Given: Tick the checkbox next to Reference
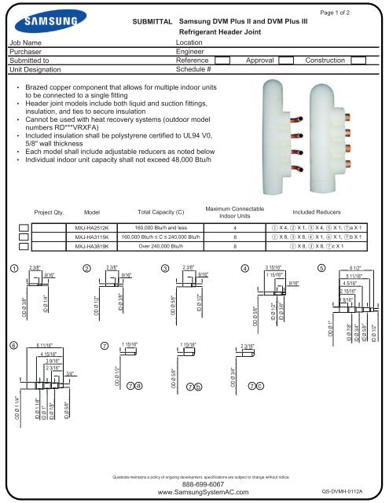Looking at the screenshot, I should click(222, 59).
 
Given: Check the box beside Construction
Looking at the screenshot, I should click(358, 59).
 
